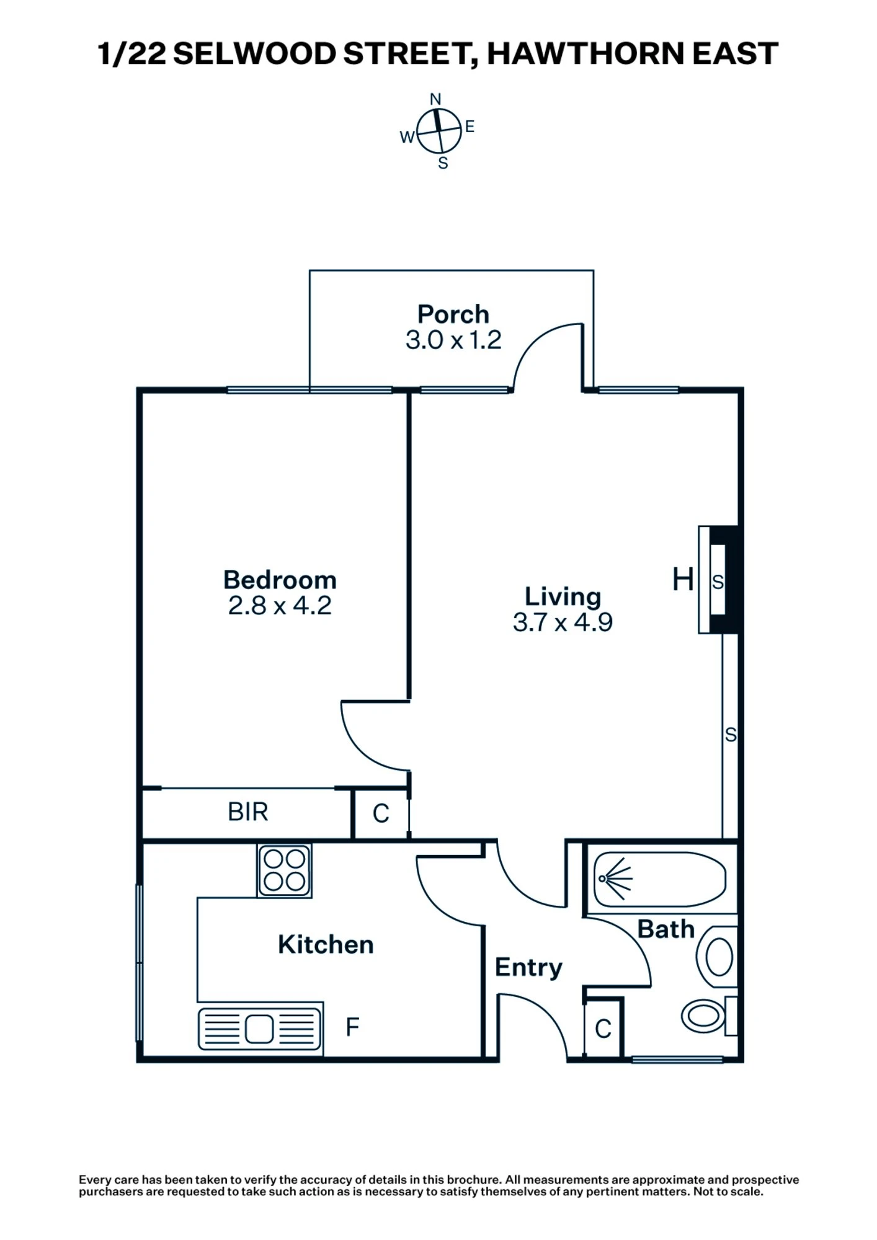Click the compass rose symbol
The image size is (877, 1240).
[x=439, y=131]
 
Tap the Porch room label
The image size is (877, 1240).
[x=453, y=314]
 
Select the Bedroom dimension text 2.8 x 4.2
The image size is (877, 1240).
[x=280, y=606]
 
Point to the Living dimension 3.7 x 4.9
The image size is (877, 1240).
[x=563, y=622]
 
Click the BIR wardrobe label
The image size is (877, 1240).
[x=247, y=812]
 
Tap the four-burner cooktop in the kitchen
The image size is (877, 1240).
[x=285, y=870]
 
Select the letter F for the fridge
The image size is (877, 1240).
[x=352, y=1027]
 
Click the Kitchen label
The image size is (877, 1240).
[x=326, y=945]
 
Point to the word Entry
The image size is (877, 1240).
[x=528, y=967]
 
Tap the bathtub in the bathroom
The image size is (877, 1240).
[x=659, y=879]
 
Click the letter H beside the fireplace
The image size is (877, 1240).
[x=683, y=580]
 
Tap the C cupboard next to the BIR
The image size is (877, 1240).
[x=381, y=813]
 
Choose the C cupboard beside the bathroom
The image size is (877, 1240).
[x=603, y=1030]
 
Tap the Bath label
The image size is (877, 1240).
[x=666, y=929]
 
